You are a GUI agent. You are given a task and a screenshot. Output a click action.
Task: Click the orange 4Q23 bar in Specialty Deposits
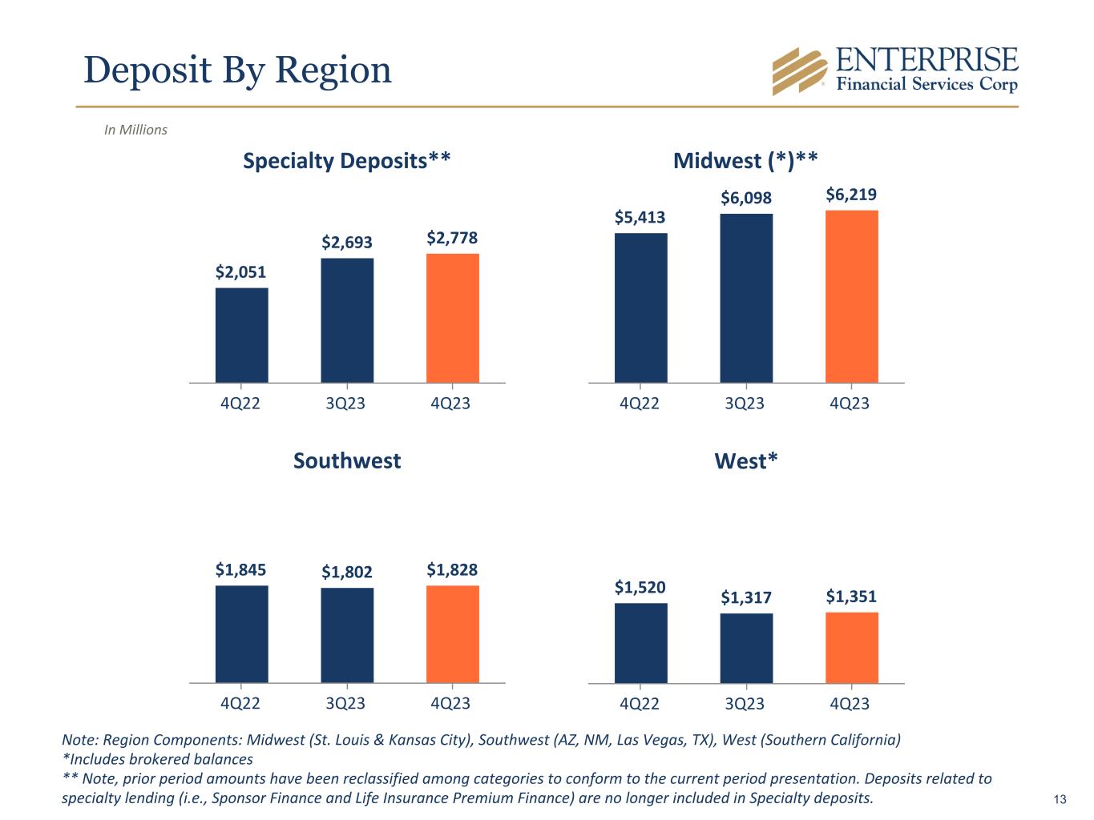[452, 318]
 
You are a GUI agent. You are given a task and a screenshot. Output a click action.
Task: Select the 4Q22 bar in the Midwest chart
[640, 307]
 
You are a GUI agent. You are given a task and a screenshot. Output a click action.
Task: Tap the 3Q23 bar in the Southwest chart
[347, 635]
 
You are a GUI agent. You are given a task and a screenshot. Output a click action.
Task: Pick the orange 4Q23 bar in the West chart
[851, 648]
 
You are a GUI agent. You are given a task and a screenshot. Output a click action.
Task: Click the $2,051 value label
[240, 272]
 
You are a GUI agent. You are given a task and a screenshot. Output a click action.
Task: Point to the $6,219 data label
[851, 195]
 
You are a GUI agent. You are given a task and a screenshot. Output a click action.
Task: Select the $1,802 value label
[347, 572]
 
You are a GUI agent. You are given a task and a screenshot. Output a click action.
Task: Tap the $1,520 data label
[640, 587]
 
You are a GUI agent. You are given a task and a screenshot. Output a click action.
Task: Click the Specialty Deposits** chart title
[346, 161]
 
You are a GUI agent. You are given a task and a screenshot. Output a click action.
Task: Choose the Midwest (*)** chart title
[745, 161]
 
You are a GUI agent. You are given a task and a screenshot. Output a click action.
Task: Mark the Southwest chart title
[346, 461]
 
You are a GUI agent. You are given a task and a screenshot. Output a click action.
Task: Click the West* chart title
[746, 461]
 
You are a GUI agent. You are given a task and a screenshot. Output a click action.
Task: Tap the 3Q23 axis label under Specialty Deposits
[345, 404]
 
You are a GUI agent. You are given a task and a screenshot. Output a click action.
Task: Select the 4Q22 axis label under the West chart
[640, 704]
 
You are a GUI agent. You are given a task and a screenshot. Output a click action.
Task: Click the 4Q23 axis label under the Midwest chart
[850, 404]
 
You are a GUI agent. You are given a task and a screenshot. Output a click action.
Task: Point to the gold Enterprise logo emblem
[799, 71]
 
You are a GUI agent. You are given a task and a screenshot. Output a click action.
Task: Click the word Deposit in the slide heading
[135, 70]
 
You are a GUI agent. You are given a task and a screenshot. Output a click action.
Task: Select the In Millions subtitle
[135, 130]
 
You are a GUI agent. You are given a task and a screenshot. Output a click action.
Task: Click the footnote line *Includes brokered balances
[157, 759]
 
